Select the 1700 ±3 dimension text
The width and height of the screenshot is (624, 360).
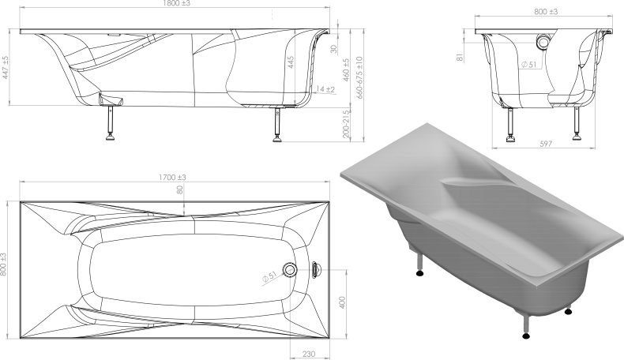(173, 178)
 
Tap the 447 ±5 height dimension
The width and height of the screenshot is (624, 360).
(6, 67)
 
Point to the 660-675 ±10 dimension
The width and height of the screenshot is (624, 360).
(359, 77)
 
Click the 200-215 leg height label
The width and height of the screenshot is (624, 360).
(346, 124)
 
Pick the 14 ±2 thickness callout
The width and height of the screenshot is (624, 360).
(326, 89)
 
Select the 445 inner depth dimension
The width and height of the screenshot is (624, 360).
(291, 62)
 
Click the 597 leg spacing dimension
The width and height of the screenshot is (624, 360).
(546, 144)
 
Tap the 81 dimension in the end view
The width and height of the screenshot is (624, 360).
(460, 58)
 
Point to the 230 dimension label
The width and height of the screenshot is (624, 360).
(309, 354)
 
